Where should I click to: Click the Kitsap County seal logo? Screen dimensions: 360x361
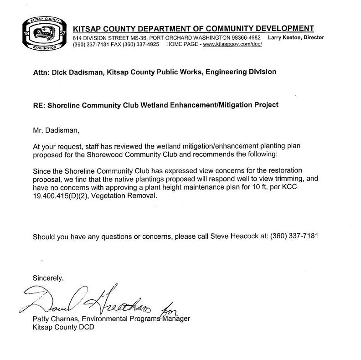(43, 35)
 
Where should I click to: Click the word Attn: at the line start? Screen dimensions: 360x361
(41, 72)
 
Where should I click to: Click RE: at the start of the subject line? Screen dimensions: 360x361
(39, 105)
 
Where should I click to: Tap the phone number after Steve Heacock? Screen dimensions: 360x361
(294, 237)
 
